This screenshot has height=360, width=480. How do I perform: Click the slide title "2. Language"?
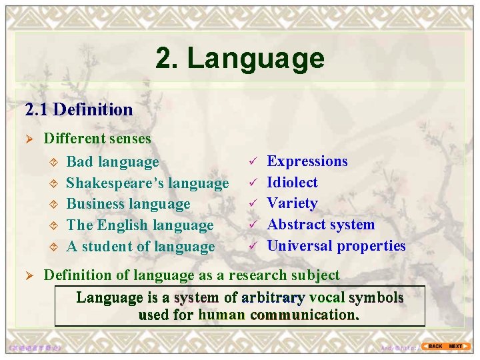pyautogui.click(x=240, y=58)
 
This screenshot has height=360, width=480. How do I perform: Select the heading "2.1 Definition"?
pyautogui.click(x=79, y=109)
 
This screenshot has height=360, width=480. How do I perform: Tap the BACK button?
pyautogui.click(x=434, y=346)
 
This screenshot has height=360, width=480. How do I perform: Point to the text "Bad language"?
pyautogui.click(x=113, y=161)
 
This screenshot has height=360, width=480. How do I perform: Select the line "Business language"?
pyautogui.click(x=128, y=204)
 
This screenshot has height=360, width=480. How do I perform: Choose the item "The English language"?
pyautogui.click(x=139, y=225)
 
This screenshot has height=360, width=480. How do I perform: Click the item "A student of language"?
pyautogui.click(x=141, y=247)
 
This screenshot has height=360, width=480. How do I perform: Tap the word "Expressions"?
pyautogui.click(x=307, y=161)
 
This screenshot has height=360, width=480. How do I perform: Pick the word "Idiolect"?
pyautogui.click(x=292, y=183)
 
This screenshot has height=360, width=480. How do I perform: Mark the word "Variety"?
pyautogui.click(x=292, y=203)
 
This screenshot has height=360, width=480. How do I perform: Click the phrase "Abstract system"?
pyautogui.click(x=321, y=225)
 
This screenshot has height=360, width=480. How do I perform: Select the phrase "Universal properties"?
pyautogui.click(x=336, y=246)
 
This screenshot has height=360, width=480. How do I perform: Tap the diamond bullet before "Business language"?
pyautogui.click(x=54, y=205)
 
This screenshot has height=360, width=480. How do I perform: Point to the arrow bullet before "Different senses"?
pyautogui.click(x=29, y=139)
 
